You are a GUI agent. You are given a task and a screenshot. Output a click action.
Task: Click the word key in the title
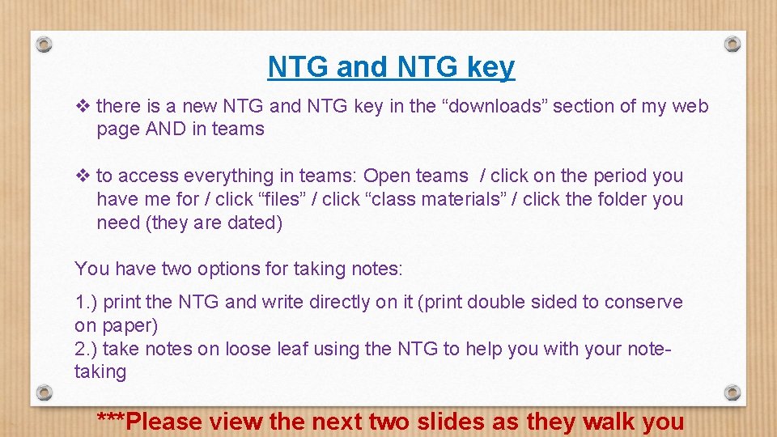click(490, 68)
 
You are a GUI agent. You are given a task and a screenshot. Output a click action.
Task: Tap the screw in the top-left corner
click(45, 44)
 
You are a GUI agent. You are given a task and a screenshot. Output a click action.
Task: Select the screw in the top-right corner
click(732, 44)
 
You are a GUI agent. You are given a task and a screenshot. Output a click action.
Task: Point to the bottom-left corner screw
click(45, 393)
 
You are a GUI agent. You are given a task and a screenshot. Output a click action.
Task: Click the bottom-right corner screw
click(732, 393)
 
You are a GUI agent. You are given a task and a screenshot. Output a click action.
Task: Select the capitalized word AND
click(165, 129)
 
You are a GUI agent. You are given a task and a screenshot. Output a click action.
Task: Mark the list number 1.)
click(86, 302)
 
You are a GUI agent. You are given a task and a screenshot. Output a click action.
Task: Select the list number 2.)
click(86, 349)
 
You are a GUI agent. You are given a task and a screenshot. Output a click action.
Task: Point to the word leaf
click(295, 349)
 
